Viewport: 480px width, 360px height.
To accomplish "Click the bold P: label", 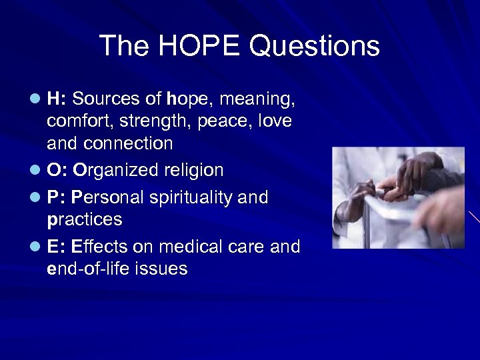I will point(56,197).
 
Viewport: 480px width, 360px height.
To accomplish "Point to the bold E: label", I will point(56,247).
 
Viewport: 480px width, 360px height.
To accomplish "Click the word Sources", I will point(105,99).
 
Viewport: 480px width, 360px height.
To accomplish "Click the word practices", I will point(85,219).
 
